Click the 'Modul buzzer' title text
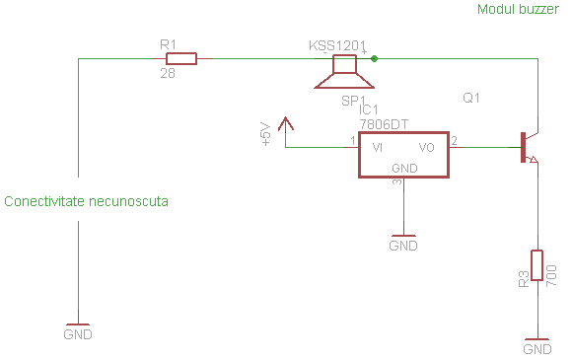tap(518, 9)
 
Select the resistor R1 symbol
tap(181, 59)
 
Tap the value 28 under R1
tap(168, 74)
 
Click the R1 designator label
tap(168, 44)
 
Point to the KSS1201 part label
tap(336, 45)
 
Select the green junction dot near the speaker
tap(374, 59)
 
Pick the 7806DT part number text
tap(385, 124)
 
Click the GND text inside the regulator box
tap(404, 168)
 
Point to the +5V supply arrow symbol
tap(286, 124)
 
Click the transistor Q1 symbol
tap(529, 147)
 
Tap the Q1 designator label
tap(471, 99)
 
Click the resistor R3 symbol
tap(536, 265)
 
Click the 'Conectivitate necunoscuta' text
tap(87, 201)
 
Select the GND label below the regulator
tap(403, 245)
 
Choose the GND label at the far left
tap(78, 334)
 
